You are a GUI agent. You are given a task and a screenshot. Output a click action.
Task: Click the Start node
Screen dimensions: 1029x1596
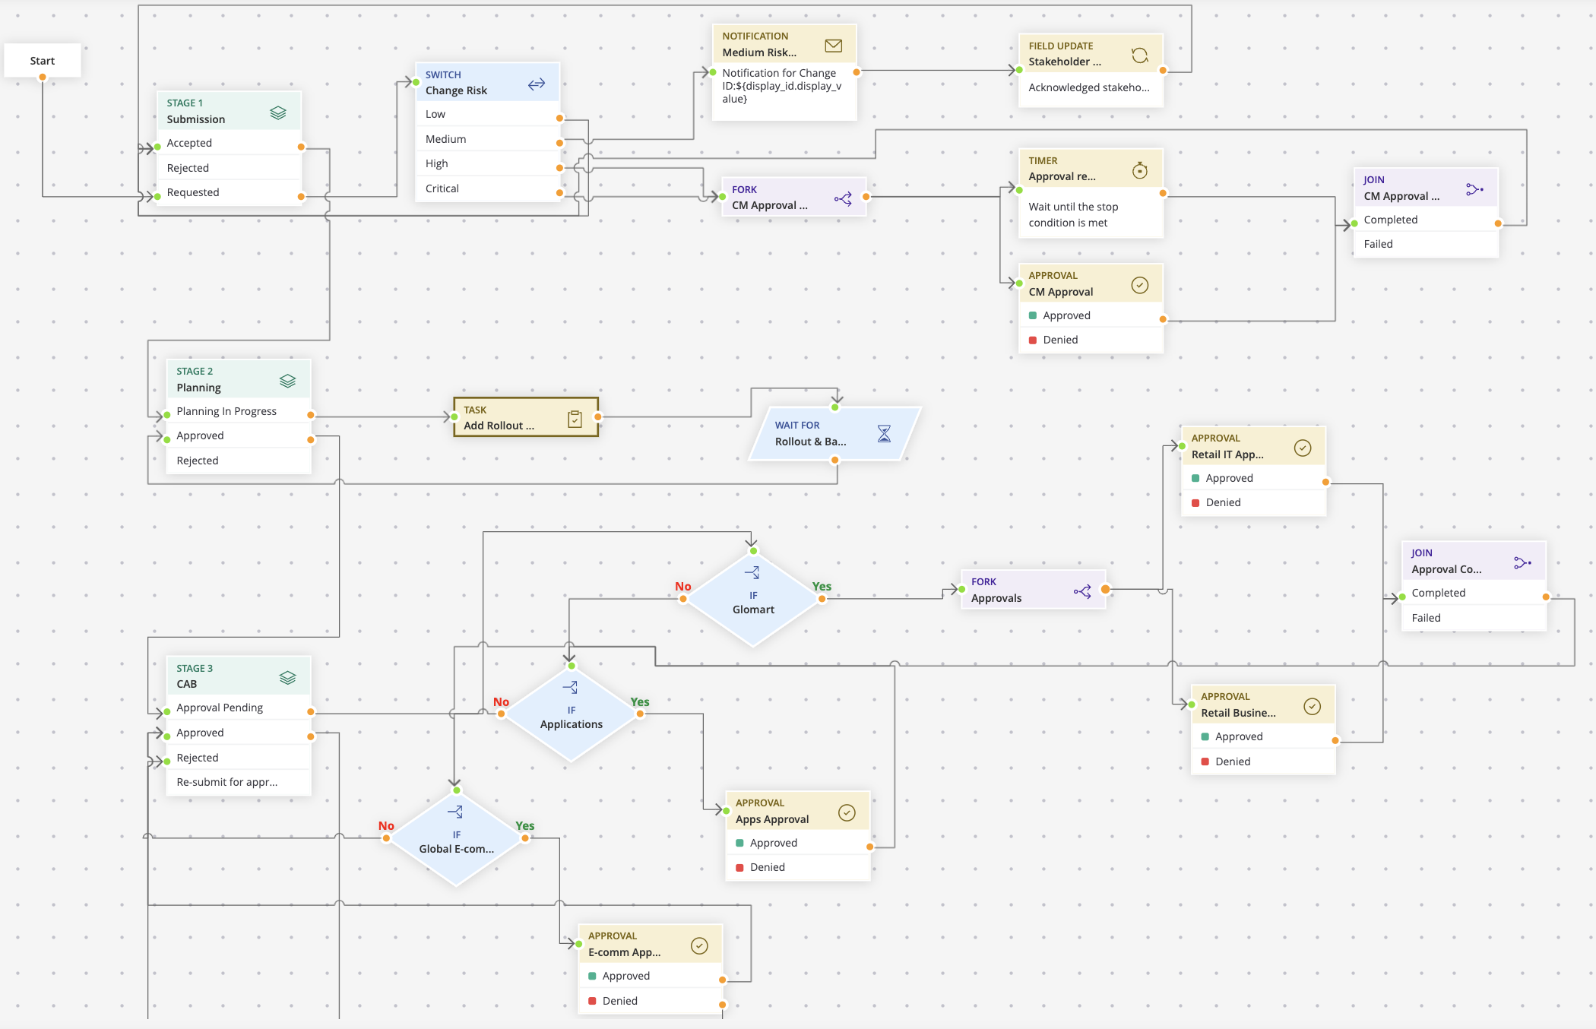click(x=43, y=61)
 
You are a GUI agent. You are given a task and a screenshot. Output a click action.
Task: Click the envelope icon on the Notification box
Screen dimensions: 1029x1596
click(x=833, y=46)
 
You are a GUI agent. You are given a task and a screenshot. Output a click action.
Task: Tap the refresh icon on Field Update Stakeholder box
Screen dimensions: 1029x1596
click(x=1139, y=55)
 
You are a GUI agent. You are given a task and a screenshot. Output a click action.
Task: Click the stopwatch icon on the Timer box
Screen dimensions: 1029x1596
click(x=1139, y=170)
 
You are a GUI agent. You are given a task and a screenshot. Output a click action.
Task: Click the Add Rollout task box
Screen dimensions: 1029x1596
click(x=525, y=417)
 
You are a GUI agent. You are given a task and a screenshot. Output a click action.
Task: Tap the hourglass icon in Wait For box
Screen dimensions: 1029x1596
click(x=884, y=433)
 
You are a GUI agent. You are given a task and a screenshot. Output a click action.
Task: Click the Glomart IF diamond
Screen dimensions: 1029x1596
click(x=753, y=600)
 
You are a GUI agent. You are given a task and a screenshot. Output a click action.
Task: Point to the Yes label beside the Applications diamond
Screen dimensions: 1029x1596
click(x=639, y=701)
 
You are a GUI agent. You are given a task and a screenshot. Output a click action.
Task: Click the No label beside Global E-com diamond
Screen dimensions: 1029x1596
click(x=386, y=825)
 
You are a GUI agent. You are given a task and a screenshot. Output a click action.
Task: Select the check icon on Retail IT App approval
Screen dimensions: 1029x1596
click(x=1302, y=448)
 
